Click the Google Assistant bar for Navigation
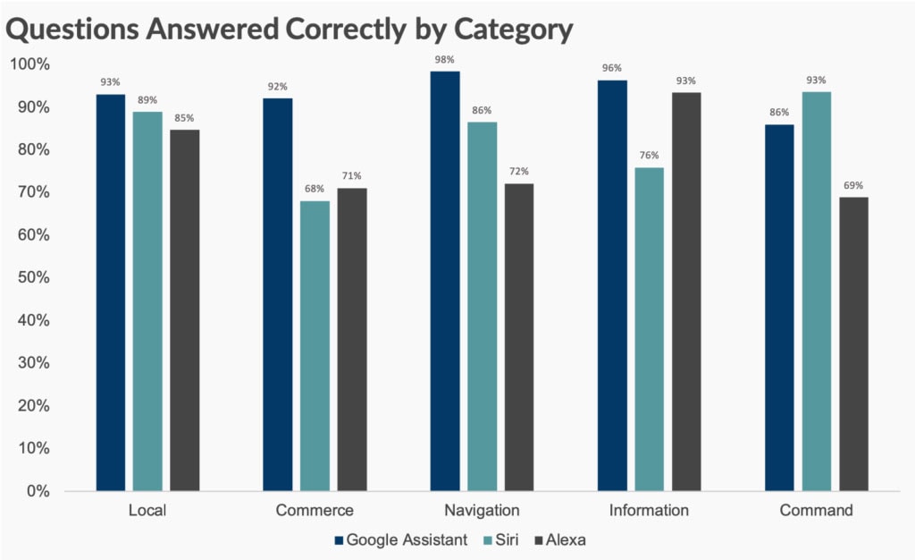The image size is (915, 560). click(445, 281)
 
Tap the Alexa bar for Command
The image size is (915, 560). click(853, 344)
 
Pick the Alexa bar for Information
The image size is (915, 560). click(686, 292)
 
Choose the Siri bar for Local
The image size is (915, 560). click(147, 301)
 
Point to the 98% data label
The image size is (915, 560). click(445, 60)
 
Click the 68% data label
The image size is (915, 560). click(315, 190)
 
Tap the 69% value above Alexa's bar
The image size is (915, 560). click(853, 186)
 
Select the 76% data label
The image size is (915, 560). click(650, 157)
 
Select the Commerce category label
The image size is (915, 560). click(315, 512)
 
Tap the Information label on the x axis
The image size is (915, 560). click(650, 512)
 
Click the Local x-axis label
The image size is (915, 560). click(147, 512)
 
